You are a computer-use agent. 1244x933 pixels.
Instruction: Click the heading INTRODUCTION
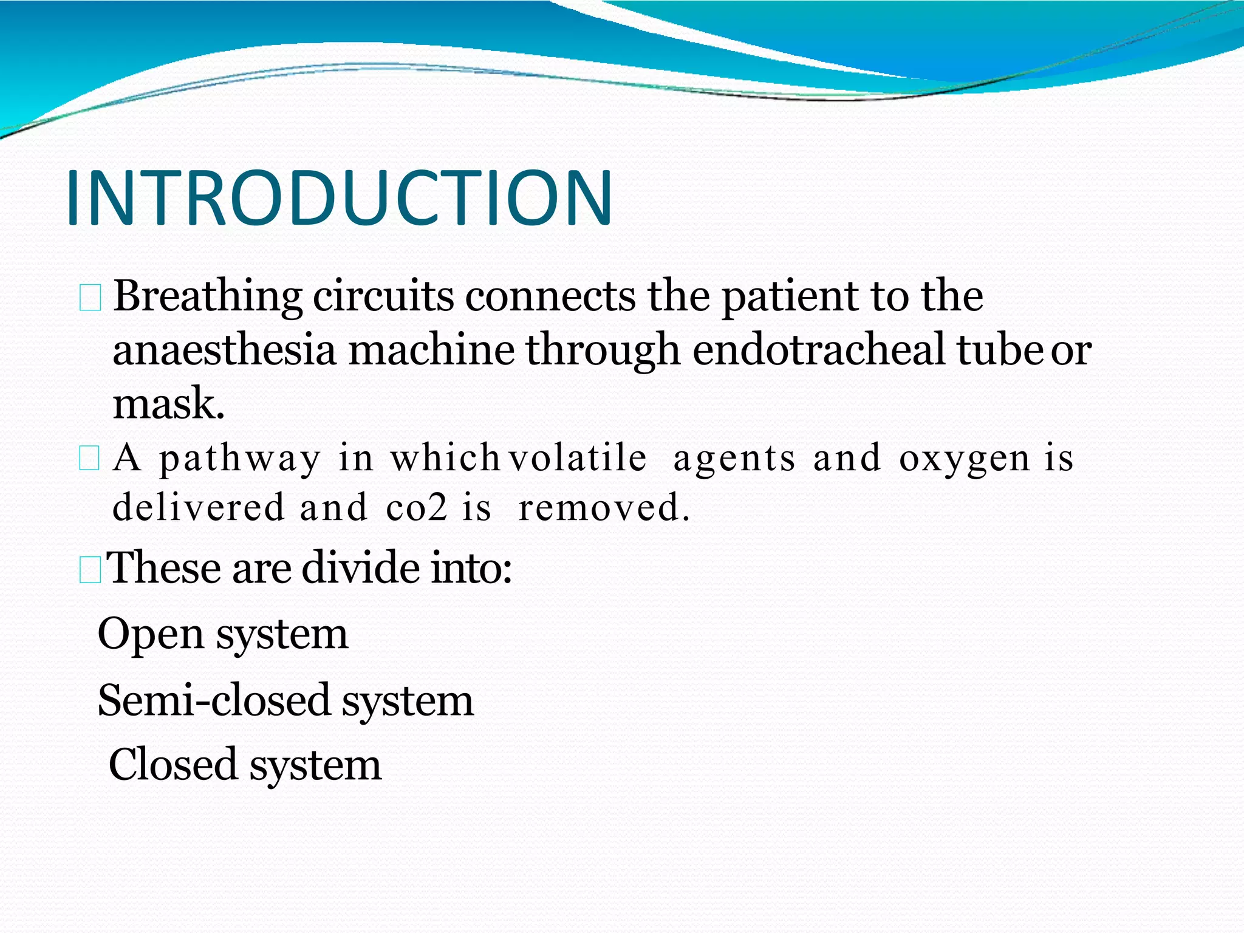coord(339,199)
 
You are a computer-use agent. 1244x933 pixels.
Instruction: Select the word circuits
coord(383,296)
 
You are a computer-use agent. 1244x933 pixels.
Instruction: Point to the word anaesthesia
coord(224,350)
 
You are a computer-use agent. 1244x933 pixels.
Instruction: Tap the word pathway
coord(239,458)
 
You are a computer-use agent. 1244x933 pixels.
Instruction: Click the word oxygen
coord(964,459)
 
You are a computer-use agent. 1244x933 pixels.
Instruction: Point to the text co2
coord(416,507)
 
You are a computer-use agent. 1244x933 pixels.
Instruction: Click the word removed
coord(604,507)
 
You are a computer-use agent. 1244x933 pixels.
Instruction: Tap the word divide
coord(360,567)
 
